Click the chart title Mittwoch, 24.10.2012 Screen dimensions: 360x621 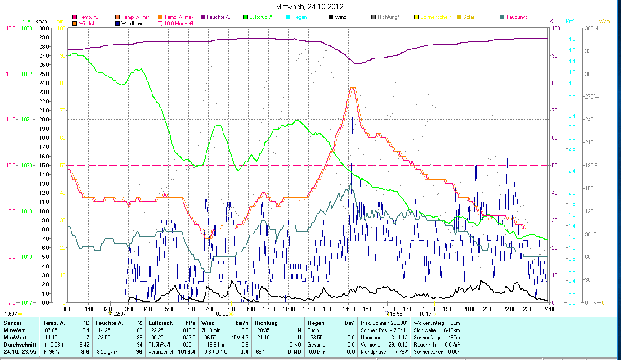(x=310, y=7)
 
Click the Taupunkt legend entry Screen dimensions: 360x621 (x=516, y=17)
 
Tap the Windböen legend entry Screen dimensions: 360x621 (x=132, y=23)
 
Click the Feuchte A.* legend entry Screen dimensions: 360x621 (x=219, y=17)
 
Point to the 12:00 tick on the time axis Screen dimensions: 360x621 (x=308, y=309)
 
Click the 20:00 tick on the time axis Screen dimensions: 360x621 (x=469, y=309)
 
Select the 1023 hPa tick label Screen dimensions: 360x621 (x=27, y=28)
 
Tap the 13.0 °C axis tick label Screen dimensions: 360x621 (x=10, y=28)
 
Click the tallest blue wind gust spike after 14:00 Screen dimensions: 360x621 (x=352, y=117)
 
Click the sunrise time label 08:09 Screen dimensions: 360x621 (x=222, y=314)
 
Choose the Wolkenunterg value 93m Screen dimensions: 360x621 (x=455, y=323)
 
